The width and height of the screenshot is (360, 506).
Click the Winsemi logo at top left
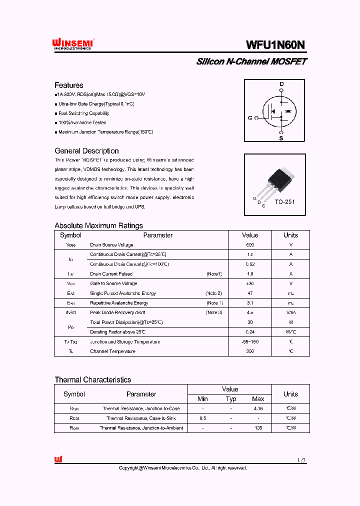click(73, 44)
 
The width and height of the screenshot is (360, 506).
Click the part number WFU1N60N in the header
click(275, 45)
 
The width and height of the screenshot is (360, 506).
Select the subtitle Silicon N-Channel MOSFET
click(251, 61)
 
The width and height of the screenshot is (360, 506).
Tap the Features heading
click(68, 85)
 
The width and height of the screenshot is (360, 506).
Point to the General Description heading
click(86, 151)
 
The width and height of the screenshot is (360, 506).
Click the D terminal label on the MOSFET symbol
click(281, 84)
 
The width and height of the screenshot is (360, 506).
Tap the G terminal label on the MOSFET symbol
click(250, 118)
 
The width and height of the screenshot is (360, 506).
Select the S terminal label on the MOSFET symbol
click(281, 138)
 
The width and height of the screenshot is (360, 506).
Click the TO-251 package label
click(284, 202)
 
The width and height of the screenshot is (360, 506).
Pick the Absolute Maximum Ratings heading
click(98, 225)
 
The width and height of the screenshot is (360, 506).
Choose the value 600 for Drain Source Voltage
click(250, 245)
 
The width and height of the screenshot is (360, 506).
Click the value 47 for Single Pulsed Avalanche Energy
click(250, 293)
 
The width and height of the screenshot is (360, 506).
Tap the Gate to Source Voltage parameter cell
click(113, 283)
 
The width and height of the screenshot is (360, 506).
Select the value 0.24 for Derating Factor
click(250, 332)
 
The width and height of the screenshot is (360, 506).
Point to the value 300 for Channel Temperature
click(250, 351)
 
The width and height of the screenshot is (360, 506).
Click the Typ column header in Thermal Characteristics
click(230, 399)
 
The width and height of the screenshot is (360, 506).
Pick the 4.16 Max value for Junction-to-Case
click(258, 408)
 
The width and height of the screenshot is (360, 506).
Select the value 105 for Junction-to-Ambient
click(258, 428)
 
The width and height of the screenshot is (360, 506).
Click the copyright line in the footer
click(182, 468)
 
